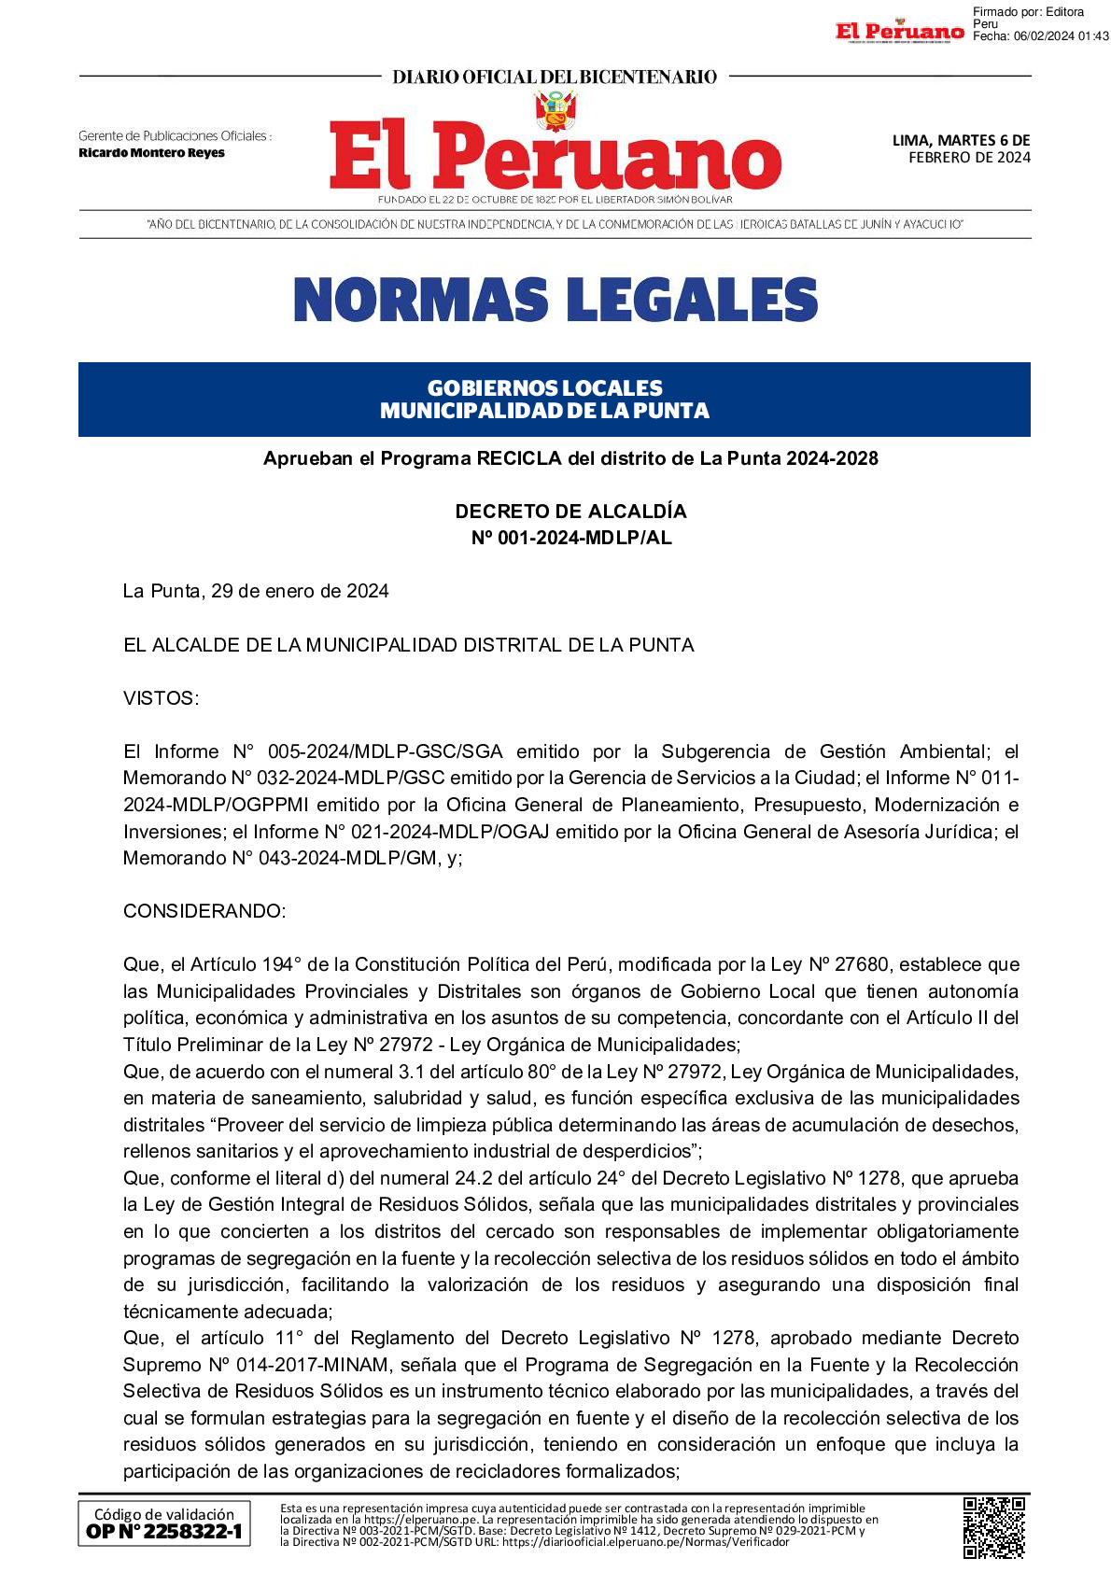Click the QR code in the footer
coord(993,1527)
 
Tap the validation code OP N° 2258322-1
coord(164,1531)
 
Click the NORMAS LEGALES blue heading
coord(555,300)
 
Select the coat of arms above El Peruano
coord(555,110)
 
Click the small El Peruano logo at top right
coord(899,32)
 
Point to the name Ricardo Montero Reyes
coord(151,153)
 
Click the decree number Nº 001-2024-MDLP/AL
coord(570,538)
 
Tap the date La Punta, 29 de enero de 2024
coord(256,591)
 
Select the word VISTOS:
coord(161,698)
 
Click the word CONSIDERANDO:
coord(204,911)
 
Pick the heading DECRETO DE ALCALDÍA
coord(570,512)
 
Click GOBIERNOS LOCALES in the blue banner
coord(544,387)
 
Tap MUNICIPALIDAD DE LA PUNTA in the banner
coord(544,411)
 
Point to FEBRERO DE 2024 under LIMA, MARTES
coord(969,158)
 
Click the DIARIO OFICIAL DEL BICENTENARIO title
coord(555,77)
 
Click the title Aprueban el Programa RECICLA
coord(570,458)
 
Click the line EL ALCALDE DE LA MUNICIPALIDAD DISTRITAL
coord(409,645)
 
